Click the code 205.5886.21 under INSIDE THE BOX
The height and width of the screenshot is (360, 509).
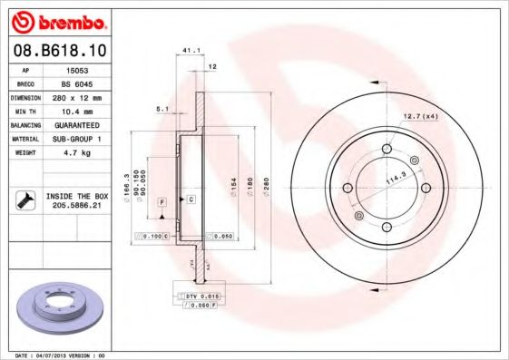76,206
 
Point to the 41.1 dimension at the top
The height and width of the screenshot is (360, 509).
191,50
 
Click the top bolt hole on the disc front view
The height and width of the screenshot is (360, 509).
386,150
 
